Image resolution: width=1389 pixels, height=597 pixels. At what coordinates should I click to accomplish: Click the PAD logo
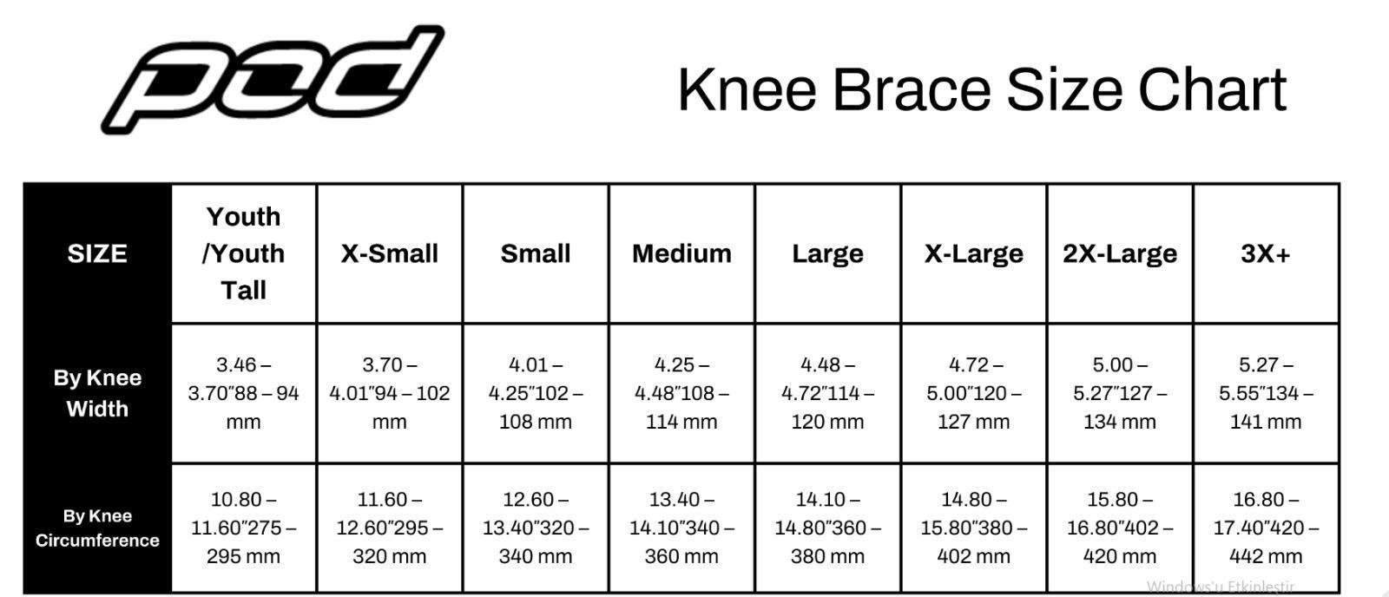273,79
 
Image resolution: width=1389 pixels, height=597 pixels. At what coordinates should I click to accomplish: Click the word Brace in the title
912,90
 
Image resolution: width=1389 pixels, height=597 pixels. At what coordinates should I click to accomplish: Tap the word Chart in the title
1212,90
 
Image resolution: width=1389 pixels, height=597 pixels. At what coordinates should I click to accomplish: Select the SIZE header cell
97,253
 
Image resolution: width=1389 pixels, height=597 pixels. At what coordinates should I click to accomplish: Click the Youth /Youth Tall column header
244,253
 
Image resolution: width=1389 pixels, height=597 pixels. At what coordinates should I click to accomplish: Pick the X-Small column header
390,253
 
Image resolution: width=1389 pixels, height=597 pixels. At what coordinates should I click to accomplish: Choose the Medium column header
681,253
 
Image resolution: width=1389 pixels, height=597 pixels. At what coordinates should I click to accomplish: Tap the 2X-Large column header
1120,253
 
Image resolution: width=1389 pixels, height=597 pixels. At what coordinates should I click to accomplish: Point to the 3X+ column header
1266,253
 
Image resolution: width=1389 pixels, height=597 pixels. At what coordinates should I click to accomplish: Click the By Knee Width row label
97,393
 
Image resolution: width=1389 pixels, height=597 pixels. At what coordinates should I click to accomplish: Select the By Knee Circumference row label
97,528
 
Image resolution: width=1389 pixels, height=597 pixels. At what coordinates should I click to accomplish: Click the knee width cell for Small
536,393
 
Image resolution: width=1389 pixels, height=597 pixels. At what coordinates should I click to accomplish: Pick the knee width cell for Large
828,393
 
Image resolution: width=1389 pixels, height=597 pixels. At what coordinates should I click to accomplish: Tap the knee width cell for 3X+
1266,393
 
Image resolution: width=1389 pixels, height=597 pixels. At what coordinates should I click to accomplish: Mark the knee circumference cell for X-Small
390,528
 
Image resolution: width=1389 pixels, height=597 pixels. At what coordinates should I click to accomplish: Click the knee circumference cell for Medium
681,528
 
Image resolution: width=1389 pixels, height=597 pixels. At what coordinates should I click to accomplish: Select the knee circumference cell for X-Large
973,528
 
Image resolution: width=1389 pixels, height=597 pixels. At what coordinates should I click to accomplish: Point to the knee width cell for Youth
244,393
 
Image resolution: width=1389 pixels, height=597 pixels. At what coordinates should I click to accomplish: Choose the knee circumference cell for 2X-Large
1120,528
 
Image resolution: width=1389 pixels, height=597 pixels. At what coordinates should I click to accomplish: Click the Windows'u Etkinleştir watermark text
1221,587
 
